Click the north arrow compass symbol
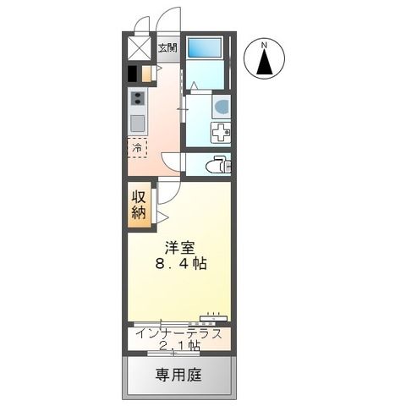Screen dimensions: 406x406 [264, 61]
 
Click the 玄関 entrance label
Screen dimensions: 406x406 [167, 47]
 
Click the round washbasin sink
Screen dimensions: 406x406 [221, 107]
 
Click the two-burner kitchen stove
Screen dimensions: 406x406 [137, 101]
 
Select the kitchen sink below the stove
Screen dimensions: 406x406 [137, 123]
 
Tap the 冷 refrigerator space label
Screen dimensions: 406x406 [136, 149]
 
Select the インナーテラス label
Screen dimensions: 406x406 [179, 332]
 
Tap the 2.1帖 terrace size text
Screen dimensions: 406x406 [179, 346]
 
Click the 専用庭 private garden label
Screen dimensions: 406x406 [180, 375]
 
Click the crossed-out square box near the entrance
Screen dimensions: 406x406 [138, 47]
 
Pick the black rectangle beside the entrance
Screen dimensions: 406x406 [133, 73]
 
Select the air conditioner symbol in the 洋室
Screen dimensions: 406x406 [212, 318]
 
